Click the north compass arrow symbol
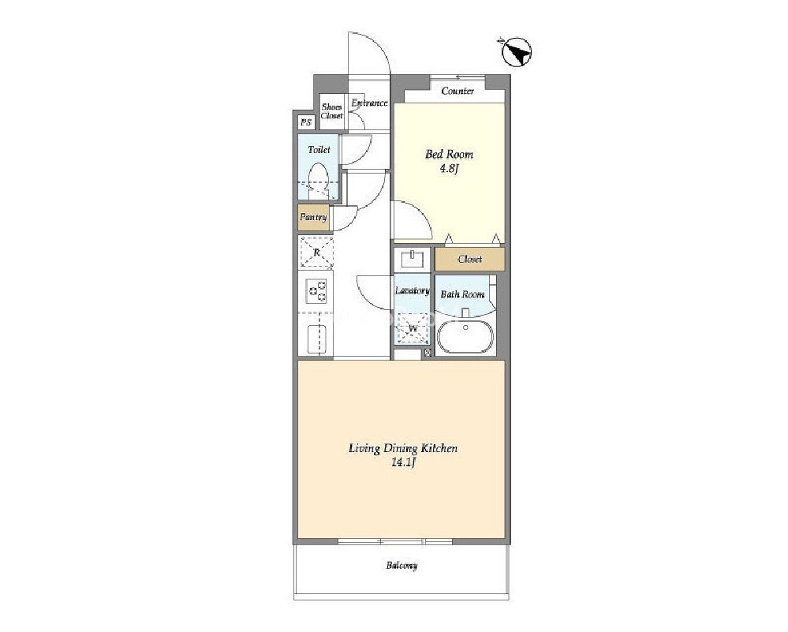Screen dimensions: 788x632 [x=516, y=52]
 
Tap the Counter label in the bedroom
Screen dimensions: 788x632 [x=457, y=91]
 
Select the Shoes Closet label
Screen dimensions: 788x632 [x=331, y=111]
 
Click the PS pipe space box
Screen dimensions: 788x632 [x=305, y=122]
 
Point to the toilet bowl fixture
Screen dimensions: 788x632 [x=318, y=180]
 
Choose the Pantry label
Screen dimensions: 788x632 [x=313, y=217]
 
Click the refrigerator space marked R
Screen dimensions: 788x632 [x=316, y=252]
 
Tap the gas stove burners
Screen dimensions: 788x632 [x=316, y=291]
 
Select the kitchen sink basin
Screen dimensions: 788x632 [x=316, y=338]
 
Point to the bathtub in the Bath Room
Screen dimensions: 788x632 [x=465, y=336]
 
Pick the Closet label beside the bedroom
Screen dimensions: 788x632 [x=470, y=260]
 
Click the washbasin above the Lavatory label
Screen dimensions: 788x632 [x=412, y=259]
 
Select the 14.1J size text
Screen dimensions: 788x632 [x=403, y=463]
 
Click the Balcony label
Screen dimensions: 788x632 [x=401, y=566]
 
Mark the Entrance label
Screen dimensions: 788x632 [x=369, y=103]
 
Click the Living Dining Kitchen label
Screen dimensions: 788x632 [x=403, y=448]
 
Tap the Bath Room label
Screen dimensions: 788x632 [x=462, y=294]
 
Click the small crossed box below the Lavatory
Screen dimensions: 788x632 [x=428, y=353]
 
